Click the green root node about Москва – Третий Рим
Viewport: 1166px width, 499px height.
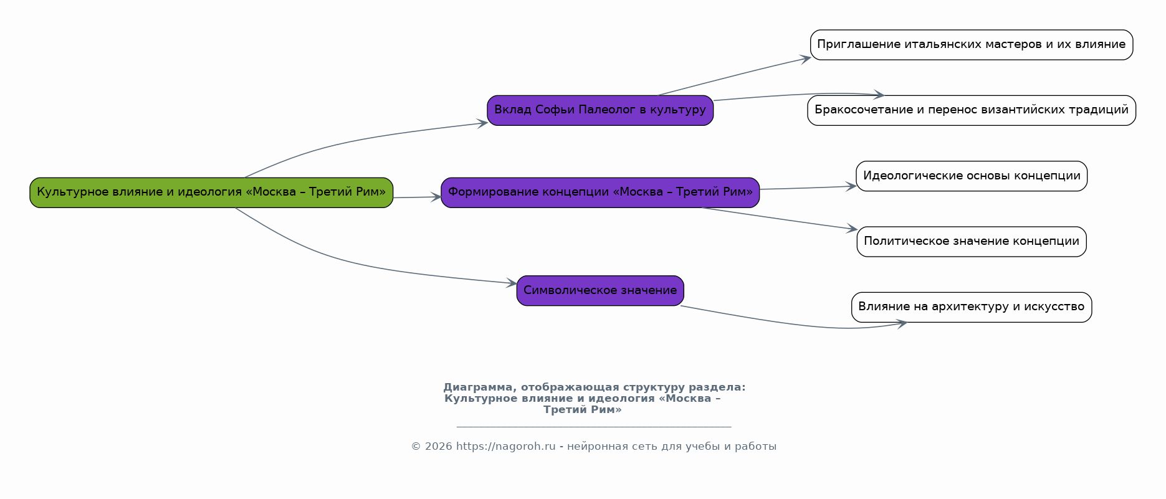point(211,192)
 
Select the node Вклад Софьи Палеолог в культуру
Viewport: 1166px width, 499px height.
point(600,110)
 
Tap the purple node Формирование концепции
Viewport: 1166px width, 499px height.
point(600,192)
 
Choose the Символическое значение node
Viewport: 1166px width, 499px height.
point(600,291)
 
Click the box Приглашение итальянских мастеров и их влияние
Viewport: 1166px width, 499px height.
point(972,45)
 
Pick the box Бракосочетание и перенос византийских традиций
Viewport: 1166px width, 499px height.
point(972,110)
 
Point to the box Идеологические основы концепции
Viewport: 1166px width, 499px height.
point(972,176)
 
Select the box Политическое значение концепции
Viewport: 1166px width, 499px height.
point(972,242)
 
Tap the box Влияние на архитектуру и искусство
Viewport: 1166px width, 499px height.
point(972,307)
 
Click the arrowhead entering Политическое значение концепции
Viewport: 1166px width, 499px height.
point(852,229)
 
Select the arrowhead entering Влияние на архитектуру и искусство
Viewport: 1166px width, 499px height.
point(901,323)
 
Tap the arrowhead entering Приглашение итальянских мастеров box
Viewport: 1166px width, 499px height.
point(806,59)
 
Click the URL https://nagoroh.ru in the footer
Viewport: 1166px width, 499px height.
point(505,447)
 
